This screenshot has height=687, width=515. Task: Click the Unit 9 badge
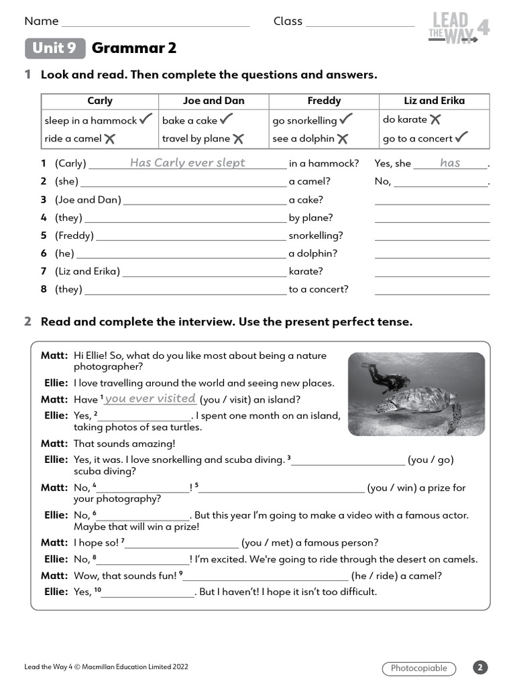[55, 48]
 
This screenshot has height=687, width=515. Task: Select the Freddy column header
[324, 101]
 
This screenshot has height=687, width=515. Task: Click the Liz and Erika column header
[434, 101]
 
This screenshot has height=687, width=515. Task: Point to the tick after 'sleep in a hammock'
[147, 120]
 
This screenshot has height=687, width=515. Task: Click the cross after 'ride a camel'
[110, 139]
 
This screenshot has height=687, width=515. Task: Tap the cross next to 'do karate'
[435, 120]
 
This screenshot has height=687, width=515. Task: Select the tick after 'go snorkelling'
[346, 120]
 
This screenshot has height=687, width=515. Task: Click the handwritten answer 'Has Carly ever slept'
[188, 163]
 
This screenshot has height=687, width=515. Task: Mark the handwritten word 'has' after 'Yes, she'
[450, 163]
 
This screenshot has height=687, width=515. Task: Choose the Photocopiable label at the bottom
[419, 668]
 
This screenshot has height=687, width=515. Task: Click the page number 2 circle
[480, 668]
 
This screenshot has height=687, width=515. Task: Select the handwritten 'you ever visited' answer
[150, 399]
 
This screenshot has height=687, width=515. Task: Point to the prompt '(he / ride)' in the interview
[375, 576]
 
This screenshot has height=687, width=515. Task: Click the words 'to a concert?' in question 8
[319, 289]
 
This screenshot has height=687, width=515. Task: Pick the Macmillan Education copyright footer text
[106, 667]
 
